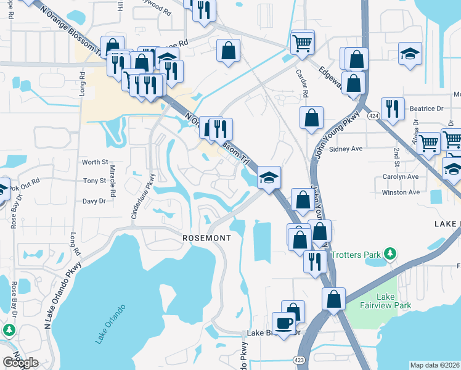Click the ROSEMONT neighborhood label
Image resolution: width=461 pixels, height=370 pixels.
pyautogui.click(x=206, y=238)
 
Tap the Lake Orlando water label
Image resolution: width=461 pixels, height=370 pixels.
pyautogui.click(x=111, y=323)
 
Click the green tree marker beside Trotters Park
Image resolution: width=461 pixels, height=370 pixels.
pyautogui.click(x=389, y=253)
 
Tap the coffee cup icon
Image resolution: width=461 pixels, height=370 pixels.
pyautogui.click(x=284, y=323)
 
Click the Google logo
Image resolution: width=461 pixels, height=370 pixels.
pyautogui.click(x=20, y=363)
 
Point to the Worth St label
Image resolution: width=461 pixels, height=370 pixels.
pyautogui.click(x=95, y=162)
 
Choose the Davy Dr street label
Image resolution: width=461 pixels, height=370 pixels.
pyautogui.click(x=94, y=201)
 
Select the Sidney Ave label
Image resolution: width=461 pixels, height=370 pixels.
pyautogui.click(x=346, y=149)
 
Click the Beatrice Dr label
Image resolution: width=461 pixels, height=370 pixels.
pyautogui.click(x=426, y=109)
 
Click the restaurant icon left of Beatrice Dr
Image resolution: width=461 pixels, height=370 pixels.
pyautogui.click(x=393, y=109)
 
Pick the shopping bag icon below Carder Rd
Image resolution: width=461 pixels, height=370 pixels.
pyautogui.click(x=312, y=117)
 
